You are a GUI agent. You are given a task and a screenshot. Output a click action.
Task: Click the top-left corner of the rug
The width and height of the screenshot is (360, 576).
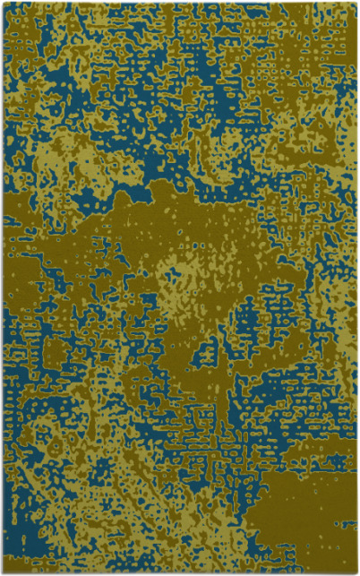(x=3, y=3)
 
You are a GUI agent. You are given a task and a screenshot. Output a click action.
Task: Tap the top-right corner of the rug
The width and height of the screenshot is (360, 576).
(x=356, y=3)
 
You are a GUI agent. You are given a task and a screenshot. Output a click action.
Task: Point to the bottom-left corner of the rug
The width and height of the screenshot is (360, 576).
(x=3, y=572)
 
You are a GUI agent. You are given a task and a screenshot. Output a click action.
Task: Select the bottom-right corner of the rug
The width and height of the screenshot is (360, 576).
(x=356, y=572)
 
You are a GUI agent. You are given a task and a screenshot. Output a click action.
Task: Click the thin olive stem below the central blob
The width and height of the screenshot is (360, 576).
(x=215, y=358)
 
